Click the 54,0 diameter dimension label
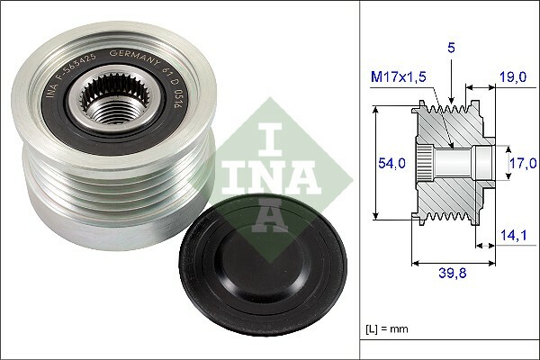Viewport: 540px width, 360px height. tap(391, 163)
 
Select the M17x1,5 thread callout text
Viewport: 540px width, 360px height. tap(399, 76)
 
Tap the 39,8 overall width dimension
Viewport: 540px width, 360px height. tap(453, 273)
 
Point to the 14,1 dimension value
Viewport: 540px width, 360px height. tap(514, 235)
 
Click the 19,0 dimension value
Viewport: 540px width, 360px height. tap(513, 76)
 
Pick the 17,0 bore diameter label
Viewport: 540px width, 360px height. tap(523, 163)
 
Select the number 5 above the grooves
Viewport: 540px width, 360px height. tap(451, 48)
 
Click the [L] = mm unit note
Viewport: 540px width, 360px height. tap(387, 329)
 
